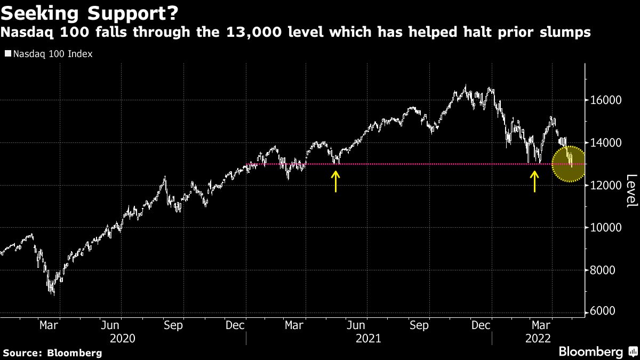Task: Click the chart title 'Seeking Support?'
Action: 80,12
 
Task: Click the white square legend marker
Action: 7,54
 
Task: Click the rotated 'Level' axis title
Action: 631,191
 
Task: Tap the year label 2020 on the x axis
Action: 122,338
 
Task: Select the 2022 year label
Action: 539,338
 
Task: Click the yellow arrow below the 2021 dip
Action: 335,181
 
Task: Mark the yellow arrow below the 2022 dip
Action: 534,181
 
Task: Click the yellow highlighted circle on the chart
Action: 569,164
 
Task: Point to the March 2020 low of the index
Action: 52,293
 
